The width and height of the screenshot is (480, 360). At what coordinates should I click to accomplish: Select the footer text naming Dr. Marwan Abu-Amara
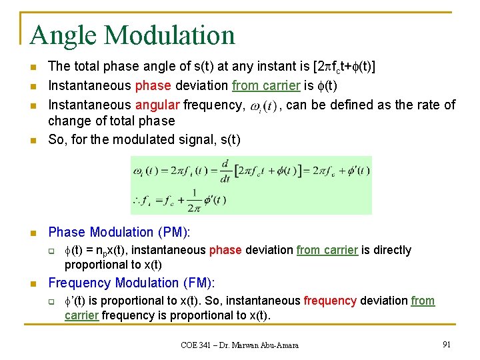[x=239, y=345]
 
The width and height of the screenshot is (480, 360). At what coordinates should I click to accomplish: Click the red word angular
[x=156, y=105]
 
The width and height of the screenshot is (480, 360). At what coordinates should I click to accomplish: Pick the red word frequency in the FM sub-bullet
[x=329, y=301]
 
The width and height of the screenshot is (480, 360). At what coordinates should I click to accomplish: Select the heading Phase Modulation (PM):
[x=119, y=232]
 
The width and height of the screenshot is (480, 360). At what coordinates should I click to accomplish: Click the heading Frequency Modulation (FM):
[x=131, y=283]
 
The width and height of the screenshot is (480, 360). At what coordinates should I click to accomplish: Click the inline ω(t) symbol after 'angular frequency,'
[x=263, y=106]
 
